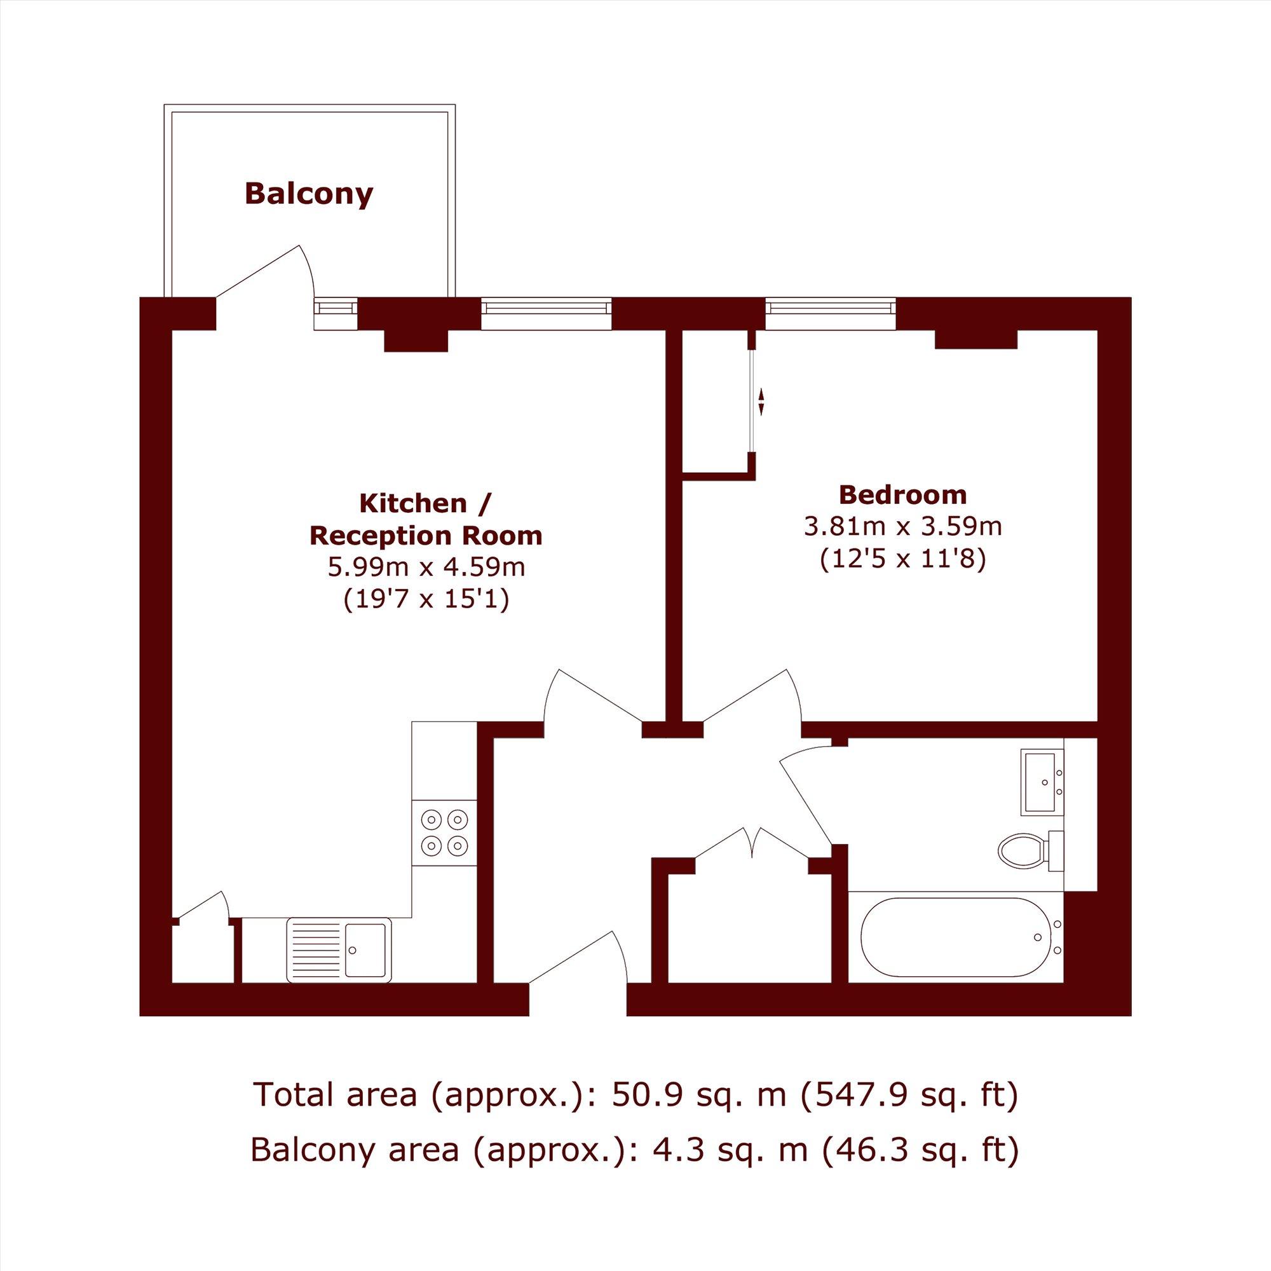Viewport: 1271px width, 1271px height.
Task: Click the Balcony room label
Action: [309, 194]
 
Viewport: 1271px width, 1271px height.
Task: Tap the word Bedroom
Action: [902, 494]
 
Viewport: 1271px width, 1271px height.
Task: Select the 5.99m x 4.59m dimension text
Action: [426, 566]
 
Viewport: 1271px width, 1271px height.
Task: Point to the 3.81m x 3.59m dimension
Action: [902, 526]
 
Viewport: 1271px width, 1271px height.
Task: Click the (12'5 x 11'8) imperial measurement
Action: [902, 559]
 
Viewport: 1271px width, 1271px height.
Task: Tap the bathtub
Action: [961, 937]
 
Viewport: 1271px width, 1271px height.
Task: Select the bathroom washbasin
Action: [1042, 782]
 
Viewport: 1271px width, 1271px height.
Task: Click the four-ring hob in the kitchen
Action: [444, 833]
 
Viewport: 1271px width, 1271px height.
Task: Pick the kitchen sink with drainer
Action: [339, 951]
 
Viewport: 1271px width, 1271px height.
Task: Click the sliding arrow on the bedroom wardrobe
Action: [761, 402]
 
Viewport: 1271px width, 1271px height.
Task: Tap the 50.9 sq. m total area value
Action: [698, 1095]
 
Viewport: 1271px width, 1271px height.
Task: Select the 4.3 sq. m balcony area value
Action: [730, 1149]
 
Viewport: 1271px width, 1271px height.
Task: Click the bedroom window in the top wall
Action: [831, 313]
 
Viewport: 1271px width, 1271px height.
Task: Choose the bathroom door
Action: [806, 796]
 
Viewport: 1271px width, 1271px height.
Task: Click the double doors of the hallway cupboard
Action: [752, 844]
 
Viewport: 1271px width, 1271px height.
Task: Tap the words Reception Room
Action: [426, 536]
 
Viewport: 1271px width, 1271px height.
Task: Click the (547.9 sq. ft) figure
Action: [909, 1095]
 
